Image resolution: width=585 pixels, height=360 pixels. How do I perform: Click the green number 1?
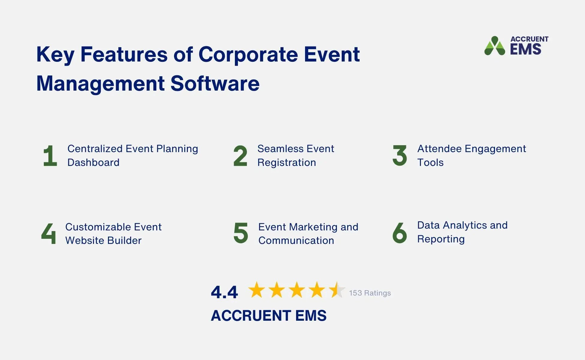click(50, 156)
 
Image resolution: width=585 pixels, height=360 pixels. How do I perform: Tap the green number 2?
click(240, 156)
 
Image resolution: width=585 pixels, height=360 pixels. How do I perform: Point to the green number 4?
click(49, 233)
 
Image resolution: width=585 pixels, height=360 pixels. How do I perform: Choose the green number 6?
click(400, 233)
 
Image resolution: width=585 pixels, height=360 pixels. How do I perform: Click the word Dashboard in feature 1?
click(93, 163)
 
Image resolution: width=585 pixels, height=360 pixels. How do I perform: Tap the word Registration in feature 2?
click(286, 163)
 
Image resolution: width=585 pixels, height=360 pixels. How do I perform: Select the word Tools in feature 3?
click(430, 163)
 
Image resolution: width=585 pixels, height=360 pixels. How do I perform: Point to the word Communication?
click(296, 241)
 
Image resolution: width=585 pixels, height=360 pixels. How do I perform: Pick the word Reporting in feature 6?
click(441, 239)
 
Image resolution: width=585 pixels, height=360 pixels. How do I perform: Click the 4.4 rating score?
click(224, 292)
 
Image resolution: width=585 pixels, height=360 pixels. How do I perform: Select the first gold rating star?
click(256, 290)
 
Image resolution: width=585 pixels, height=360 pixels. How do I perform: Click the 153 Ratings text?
click(370, 293)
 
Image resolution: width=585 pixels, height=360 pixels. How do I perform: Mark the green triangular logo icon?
click(494, 46)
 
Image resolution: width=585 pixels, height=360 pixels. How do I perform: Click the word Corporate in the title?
click(248, 55)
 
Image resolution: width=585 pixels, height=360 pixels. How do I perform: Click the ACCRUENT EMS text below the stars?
click(268, 316)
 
